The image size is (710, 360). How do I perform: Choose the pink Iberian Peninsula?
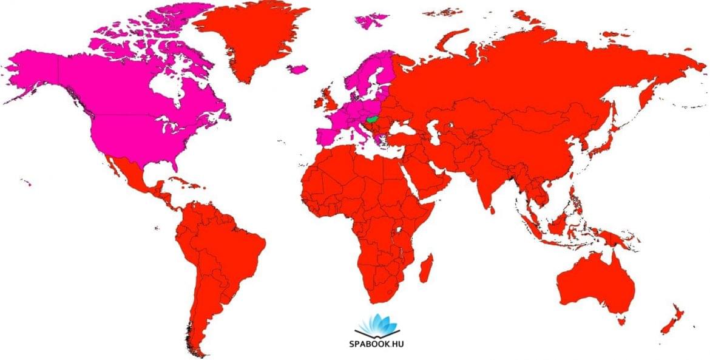coord(328,135)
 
